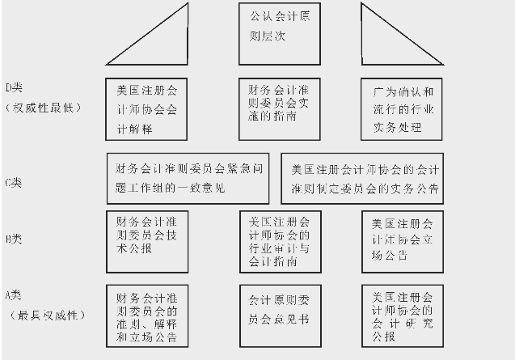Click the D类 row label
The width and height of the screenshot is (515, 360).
click(16, 87)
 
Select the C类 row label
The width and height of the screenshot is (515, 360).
click(14, 182)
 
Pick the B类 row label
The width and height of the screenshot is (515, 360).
click(14, 239)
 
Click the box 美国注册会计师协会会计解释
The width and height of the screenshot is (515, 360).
click(147, 108)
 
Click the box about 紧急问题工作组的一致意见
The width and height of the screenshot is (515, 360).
click(188, 178)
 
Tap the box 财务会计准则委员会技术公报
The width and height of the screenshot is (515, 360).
click(147, 235)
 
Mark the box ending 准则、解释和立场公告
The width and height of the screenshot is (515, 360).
click(147, 314)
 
